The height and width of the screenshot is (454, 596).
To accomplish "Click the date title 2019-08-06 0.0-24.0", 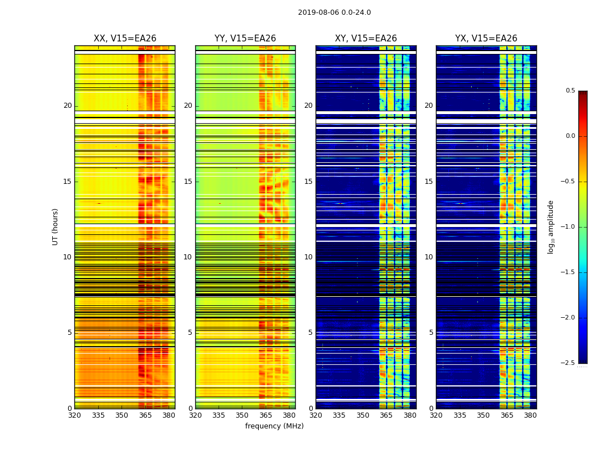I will pyautogui.click(x=334, y=12).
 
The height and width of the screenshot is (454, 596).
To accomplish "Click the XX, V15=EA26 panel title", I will pyautogui.click(x=125, y=39).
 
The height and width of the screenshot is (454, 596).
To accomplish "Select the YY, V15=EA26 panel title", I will pyautogui.click(x=245, y=39).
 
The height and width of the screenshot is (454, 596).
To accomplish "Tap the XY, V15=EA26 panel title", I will pyautogui.click(x=366, y=39).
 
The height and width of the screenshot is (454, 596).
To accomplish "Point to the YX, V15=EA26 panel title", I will pyautogui.click(x=486, y=39).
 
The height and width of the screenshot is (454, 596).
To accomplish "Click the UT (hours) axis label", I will pyautogui.click(x=55, y=226).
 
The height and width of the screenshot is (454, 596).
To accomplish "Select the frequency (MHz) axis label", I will pyautogui.click(x=274, y=426).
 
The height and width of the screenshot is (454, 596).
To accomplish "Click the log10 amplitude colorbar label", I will pyautogui.click(x=551, y=226).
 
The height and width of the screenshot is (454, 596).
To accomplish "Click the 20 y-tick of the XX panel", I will pyautogui.click(x=68, y=106).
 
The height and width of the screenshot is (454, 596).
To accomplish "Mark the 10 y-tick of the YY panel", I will pyautogui.click(x=188, y=257).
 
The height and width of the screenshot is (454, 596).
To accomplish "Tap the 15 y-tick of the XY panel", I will pyautogui.click(x=308, y=182).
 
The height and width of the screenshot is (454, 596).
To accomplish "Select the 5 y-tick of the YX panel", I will pyautogui.click(x=431, y=333).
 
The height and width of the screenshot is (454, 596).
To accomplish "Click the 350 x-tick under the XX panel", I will pyautogui.click(x=121, y=415).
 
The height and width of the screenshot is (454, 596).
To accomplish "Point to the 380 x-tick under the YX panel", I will pyautogui.click(x=530, y=415).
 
